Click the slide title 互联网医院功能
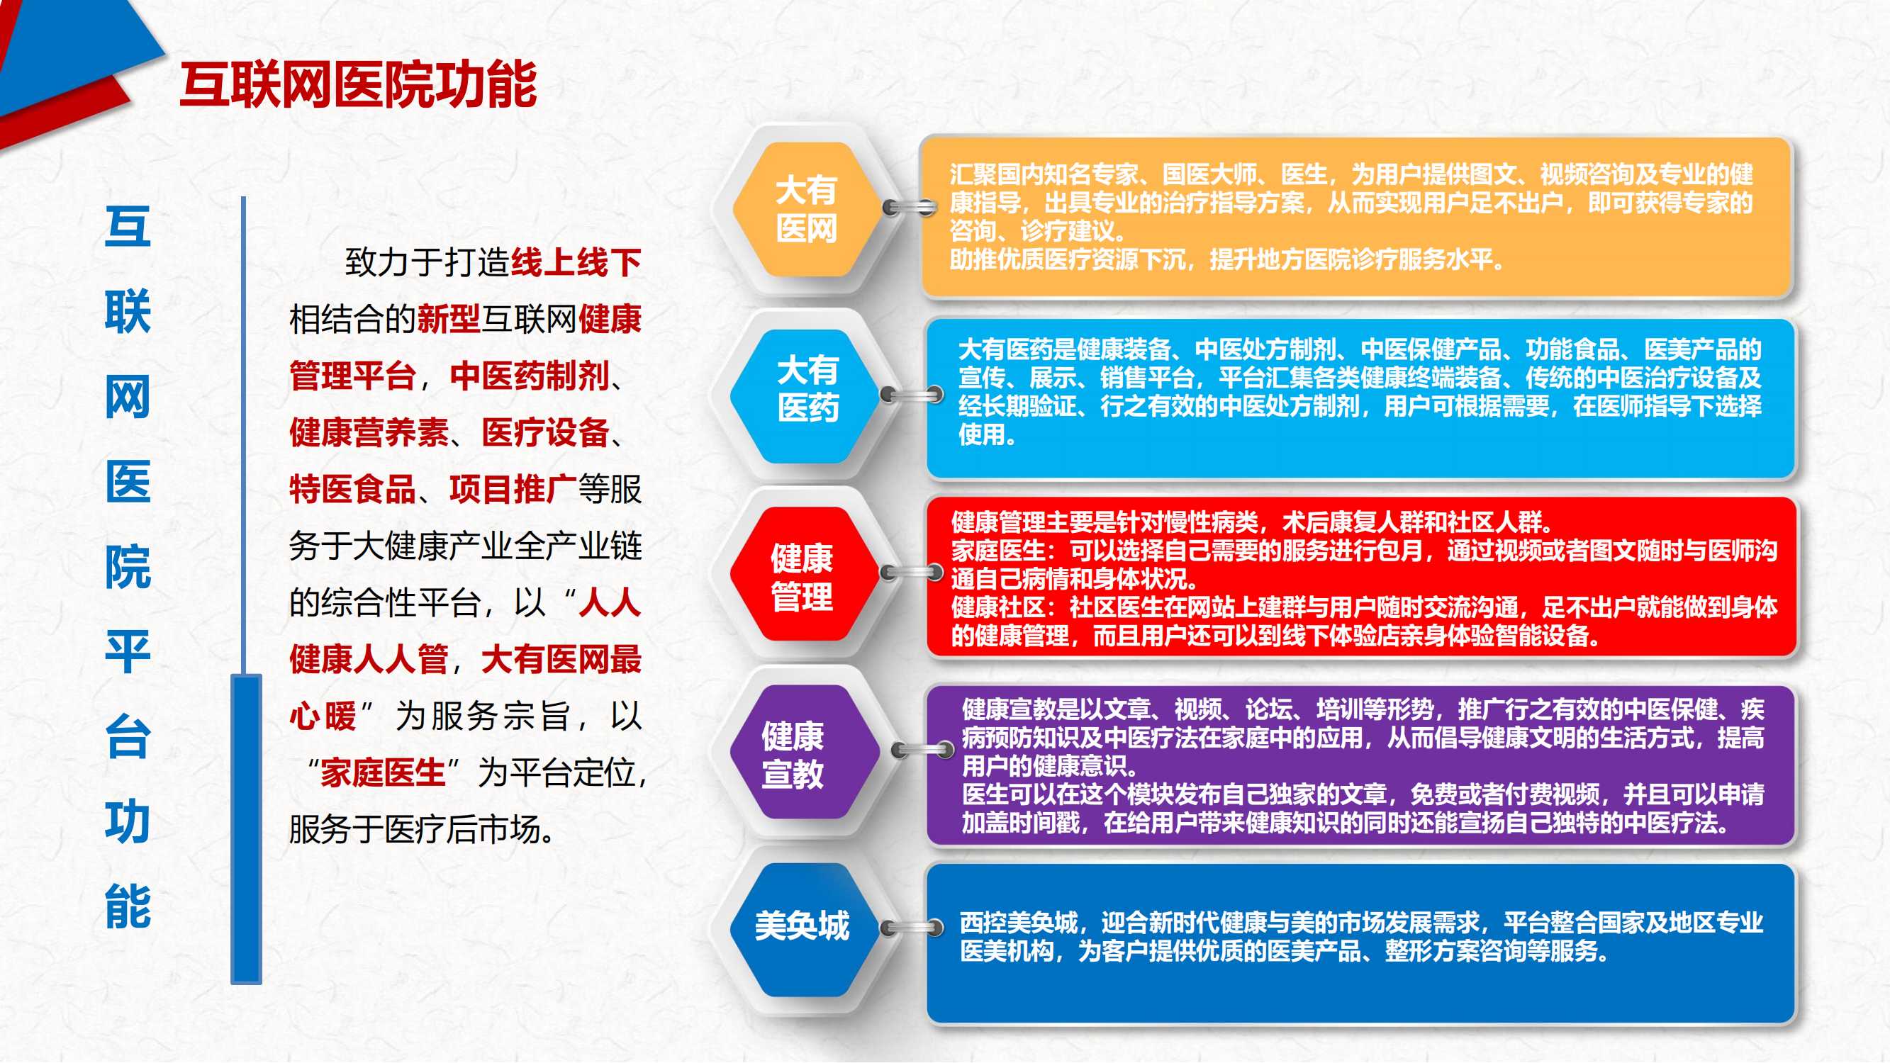click(358, 85)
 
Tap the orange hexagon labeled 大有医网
click(806, 209)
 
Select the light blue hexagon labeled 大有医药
click(806, 396)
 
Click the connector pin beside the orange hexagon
click(910, 208)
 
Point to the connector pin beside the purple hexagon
click(919, 750)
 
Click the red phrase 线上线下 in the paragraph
click(576, 263)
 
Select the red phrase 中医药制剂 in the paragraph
click(530, 376)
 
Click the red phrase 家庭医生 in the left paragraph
click(383, 772)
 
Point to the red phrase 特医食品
click(352, 489)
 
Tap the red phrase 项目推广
click(513, 489)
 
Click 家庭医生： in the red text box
click(1003, 550)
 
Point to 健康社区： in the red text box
click(1003, 607)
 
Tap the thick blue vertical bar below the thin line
click(247, 829)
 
